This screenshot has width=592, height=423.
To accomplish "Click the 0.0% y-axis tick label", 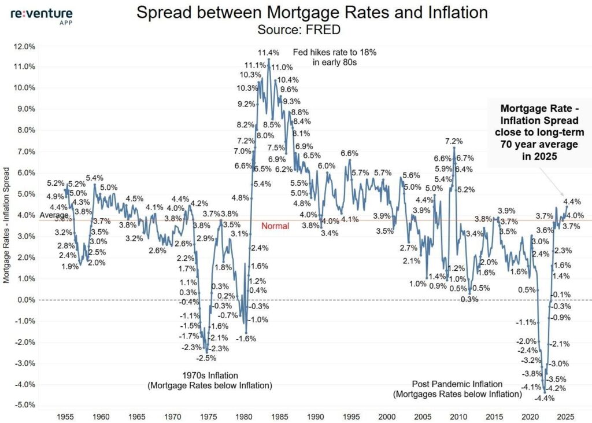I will point(24,300).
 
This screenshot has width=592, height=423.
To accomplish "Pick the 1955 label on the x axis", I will point(65,416).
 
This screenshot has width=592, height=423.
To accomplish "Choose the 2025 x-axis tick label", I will point(565,416).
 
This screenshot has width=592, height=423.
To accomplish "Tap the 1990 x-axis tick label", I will point(314,416).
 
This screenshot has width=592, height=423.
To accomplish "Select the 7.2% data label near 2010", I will point(454,141).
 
